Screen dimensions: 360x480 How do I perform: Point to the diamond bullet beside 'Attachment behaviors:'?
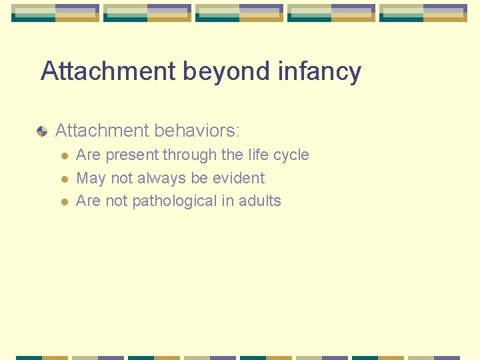(42, 131)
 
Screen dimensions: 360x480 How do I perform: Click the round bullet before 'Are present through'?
(64, 156)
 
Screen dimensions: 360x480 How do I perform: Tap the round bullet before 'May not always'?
(64, 179)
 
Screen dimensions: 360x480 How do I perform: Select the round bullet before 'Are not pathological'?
(64, 201)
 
